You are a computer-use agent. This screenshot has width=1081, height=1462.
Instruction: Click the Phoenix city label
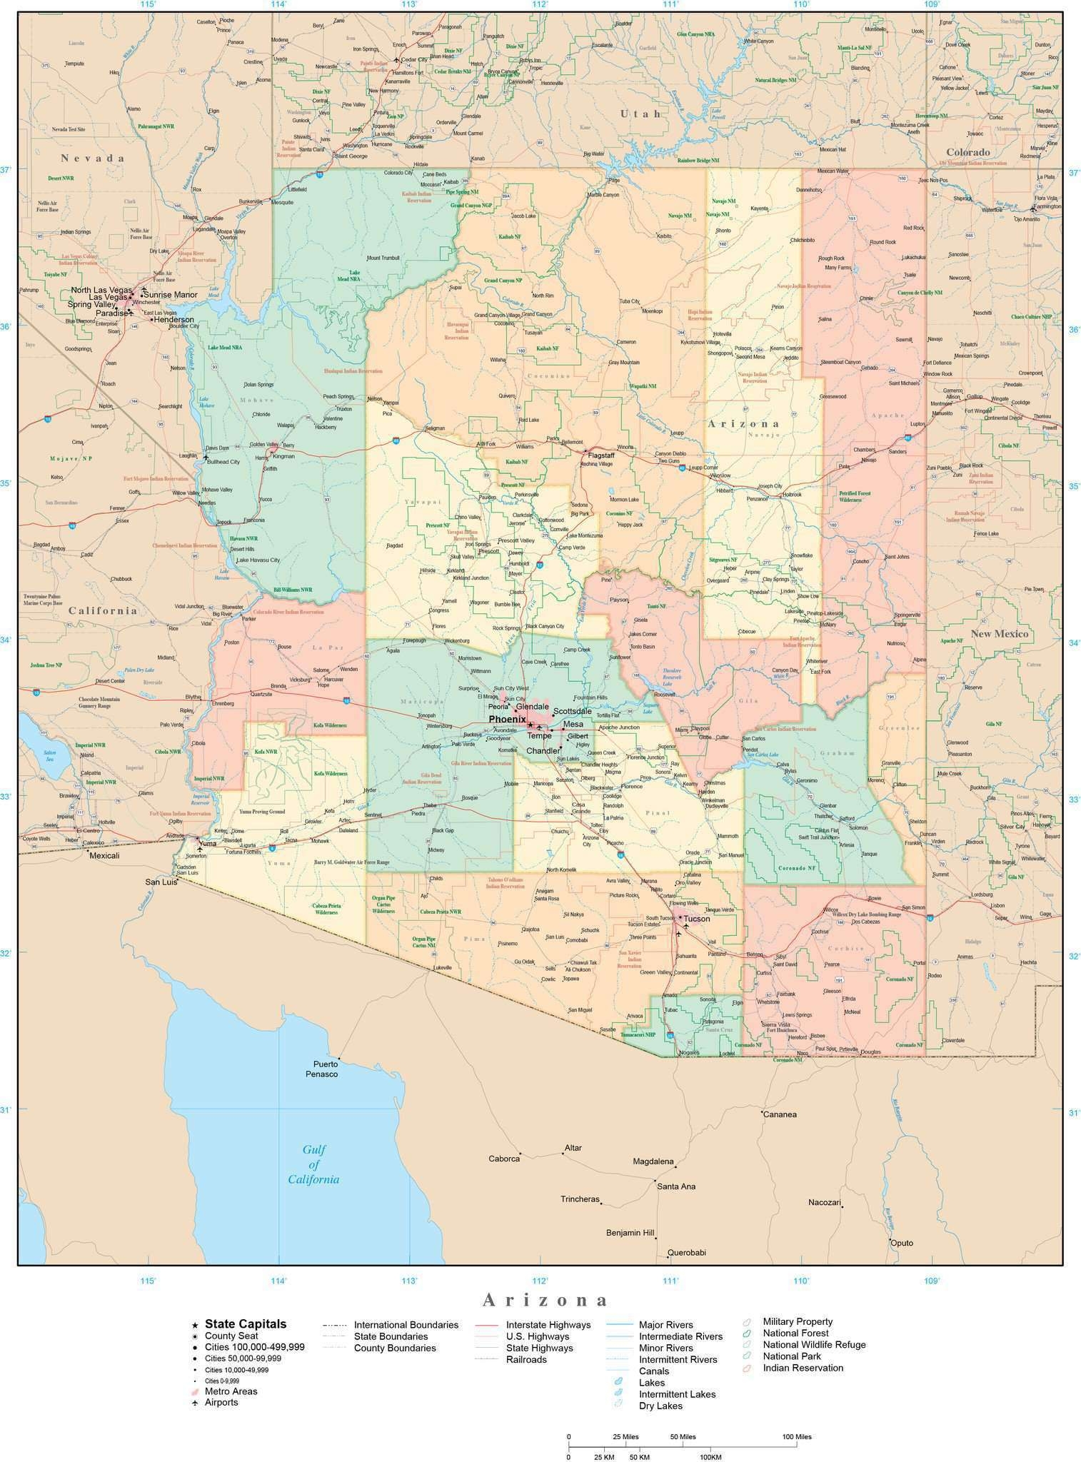click(x=507, y=719)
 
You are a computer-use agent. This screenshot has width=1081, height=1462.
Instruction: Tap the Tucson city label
click(x=697, y=919)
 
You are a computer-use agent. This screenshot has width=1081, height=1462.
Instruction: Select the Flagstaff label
click(x=601, y=455)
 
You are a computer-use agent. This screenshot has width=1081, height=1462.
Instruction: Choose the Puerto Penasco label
click(x=321, y=1069)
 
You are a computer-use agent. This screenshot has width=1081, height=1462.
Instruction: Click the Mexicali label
click(x=104, y=855)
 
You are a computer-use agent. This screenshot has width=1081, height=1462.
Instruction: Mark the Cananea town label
click(x=780, y=1114)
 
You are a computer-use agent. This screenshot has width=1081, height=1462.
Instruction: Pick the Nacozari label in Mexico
click(x=823, y=1203)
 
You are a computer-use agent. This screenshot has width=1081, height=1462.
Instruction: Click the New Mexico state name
click(x=999, y=634)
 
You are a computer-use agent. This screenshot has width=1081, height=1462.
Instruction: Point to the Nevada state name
click(x=93, y=158)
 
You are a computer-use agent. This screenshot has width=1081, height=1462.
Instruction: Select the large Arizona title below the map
click(x=546, y=1299)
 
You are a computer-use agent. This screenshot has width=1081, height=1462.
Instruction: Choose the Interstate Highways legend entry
click(x=548, y=1325)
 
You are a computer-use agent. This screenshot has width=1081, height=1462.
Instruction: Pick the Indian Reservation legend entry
click(x=803, y=1368)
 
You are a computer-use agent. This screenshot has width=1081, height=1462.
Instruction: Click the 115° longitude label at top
click(x=148, y=4)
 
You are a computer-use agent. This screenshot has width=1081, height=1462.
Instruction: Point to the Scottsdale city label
click(x=572, y=711)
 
